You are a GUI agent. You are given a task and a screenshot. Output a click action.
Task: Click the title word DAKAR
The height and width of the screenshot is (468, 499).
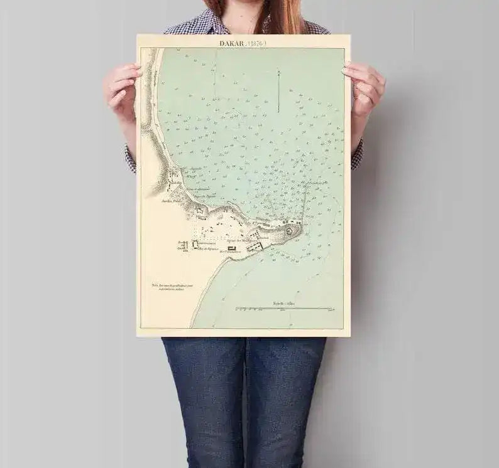pyautogui.click(x=231, y=43)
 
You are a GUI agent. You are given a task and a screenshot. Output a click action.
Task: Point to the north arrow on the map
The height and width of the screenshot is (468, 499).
pyautogui.click(x=278, y=91)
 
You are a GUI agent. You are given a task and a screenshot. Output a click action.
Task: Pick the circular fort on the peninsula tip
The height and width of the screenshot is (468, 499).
pyautogui.click(x=290, y=230)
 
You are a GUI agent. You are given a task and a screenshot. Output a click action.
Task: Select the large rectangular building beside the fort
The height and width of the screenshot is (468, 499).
pyautogui.click(x=255, y=247)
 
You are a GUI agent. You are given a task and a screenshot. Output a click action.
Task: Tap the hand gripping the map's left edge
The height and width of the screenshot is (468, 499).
pyautogui.click(x=123, y=88)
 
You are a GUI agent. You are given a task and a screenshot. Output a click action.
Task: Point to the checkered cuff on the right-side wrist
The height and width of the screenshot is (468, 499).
pyautogui.click(x=358, y=154)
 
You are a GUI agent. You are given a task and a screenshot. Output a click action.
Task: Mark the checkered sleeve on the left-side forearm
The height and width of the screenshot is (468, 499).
pyautogui.click(x=130, y=157)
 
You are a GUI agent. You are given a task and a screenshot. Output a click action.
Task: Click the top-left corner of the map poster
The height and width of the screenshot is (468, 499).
pyautogui.click(x=138, y=35)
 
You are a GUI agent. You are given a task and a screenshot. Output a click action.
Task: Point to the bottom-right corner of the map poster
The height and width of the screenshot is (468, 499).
pyautogui.click(x=350, y=336)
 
